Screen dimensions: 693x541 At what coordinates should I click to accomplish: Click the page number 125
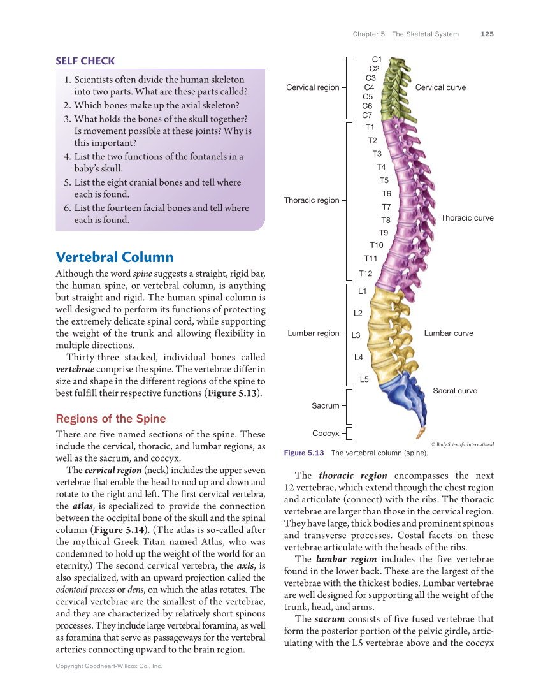487,34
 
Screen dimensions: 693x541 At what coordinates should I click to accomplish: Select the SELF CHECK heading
85,61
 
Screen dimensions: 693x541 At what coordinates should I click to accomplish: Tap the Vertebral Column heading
115,257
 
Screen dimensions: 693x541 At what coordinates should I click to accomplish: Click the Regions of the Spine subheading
111,419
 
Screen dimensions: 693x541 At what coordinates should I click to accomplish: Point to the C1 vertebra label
377,59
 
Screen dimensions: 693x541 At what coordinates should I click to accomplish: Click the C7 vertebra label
367,115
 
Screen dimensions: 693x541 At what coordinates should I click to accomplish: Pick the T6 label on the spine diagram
386,194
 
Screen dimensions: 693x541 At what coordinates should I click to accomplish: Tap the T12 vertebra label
365,274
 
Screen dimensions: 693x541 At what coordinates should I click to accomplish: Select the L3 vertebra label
356,335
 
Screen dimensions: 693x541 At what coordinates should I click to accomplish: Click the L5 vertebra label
364,379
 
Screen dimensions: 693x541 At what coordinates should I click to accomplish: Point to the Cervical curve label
440,87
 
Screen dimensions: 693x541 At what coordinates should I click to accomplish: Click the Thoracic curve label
467,218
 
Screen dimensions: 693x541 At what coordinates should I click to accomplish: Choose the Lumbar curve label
449,333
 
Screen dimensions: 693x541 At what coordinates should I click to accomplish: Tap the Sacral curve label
455,391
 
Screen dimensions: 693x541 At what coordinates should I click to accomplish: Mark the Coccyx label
326,434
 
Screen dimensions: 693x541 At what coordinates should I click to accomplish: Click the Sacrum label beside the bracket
326,405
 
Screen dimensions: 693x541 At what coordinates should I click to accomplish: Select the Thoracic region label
312,200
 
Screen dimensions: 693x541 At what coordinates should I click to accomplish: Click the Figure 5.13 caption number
304,453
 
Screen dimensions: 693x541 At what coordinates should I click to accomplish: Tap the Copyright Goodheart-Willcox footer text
109,666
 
